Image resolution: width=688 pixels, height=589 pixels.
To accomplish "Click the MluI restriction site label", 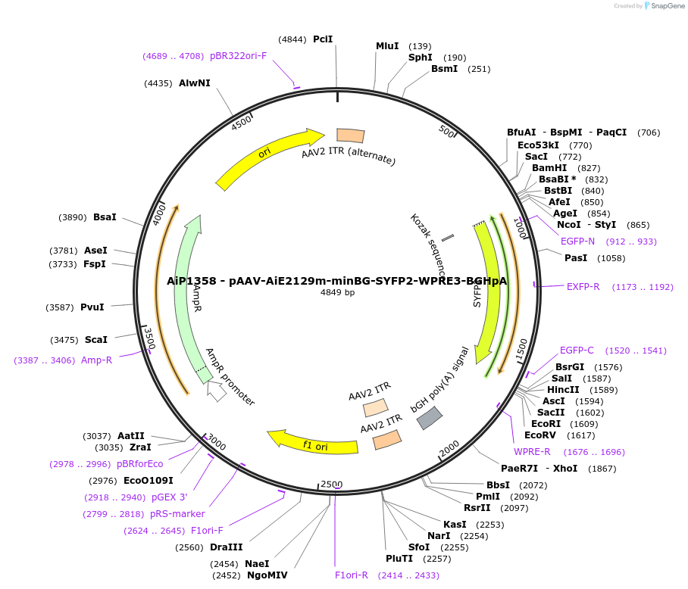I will [x=387, y=46].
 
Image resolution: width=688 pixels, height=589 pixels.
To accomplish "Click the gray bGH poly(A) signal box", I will [x=430, y=417].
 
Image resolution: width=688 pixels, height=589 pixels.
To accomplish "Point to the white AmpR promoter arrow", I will [x=217, y=391].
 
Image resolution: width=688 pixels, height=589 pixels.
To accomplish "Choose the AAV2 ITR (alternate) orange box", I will [x=350, y=136].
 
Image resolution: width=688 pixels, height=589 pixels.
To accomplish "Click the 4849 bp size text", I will [x=337, y=292].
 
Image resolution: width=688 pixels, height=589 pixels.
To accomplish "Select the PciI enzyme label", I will [x=323, y=39].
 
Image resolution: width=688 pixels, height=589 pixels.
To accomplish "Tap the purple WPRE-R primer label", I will [x=532, y=452].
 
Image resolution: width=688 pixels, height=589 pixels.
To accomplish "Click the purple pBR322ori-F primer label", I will [x=238, y=56].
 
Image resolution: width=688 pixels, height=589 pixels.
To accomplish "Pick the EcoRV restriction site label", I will [x=539, y=435].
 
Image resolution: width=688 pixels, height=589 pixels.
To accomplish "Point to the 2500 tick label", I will [x=332, y=484].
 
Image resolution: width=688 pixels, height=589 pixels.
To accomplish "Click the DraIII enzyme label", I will [x=227, y=547].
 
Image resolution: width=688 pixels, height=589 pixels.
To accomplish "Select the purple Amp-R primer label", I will [x=96, y=360].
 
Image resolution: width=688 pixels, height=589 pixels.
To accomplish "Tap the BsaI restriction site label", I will [x=105, y=217].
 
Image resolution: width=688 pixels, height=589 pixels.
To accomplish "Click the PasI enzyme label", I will [x=576, y=258].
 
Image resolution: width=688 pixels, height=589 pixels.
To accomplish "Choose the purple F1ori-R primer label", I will [x=352, y=575].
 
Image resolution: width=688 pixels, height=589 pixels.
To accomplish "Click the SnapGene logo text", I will [x=664, y=6].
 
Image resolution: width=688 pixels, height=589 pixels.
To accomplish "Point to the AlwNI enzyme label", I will [x=195, y=83].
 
